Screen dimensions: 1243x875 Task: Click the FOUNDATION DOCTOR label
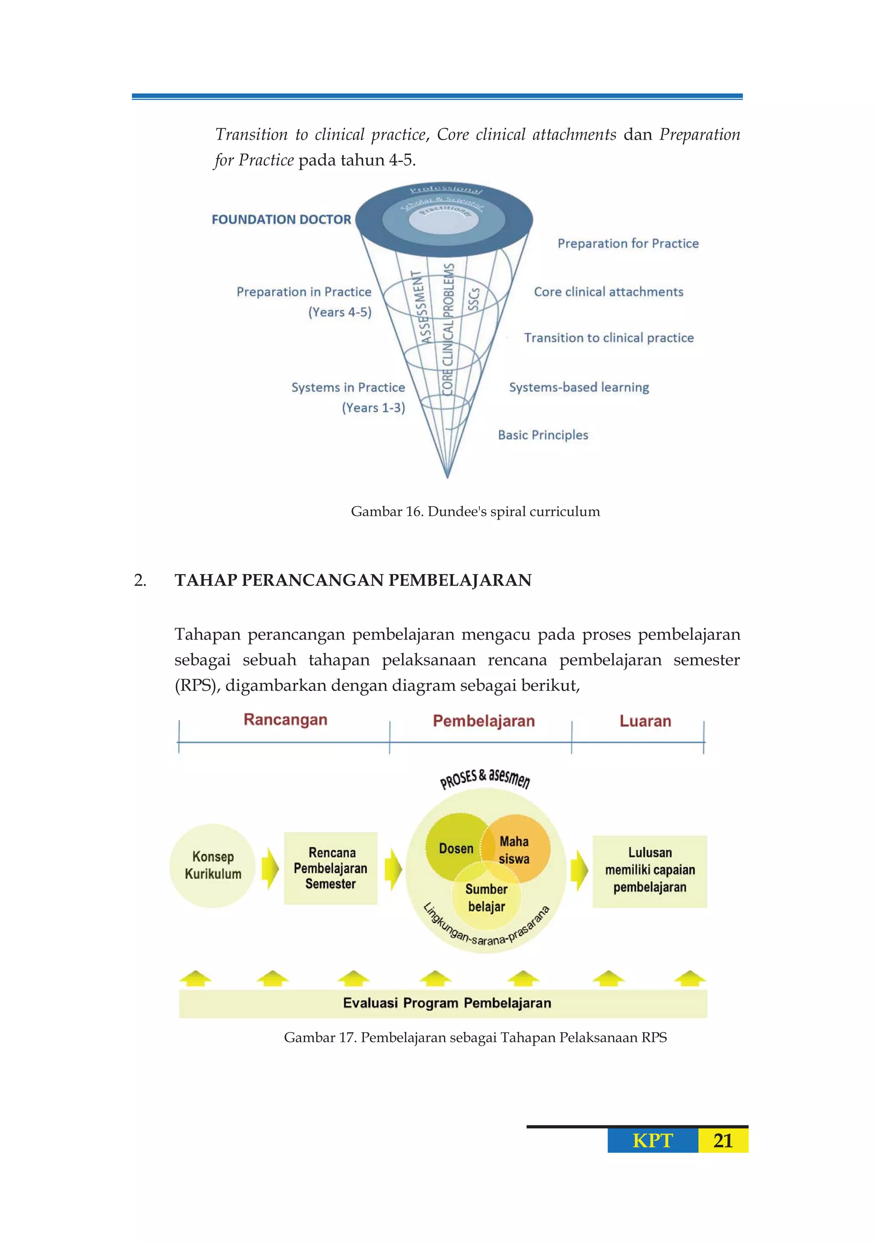[282, 219]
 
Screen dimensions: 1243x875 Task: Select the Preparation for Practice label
[628, 244]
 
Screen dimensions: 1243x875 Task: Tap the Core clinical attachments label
[608, 292]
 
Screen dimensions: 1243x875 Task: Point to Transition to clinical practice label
[608, 338]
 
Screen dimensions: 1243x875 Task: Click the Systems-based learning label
[578, 387]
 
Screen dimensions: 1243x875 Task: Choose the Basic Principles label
[543, 435]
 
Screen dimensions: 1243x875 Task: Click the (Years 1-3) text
[373, 408]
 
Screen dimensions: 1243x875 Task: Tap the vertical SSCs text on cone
[473, 299]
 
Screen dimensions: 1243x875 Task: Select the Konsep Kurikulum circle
[213, 865]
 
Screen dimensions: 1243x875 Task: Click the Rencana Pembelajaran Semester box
[331, 868]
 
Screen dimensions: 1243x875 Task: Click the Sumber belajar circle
[487, 898]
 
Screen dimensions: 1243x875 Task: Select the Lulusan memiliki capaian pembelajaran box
[649, 870]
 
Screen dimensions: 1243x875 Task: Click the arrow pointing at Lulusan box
[579, 870]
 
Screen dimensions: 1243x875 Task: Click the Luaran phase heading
[645, 721]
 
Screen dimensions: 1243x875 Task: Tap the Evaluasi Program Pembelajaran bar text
[447, 1003]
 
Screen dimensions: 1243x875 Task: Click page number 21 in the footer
[722, 1141]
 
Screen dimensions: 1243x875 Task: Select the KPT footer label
[652, 1141]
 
